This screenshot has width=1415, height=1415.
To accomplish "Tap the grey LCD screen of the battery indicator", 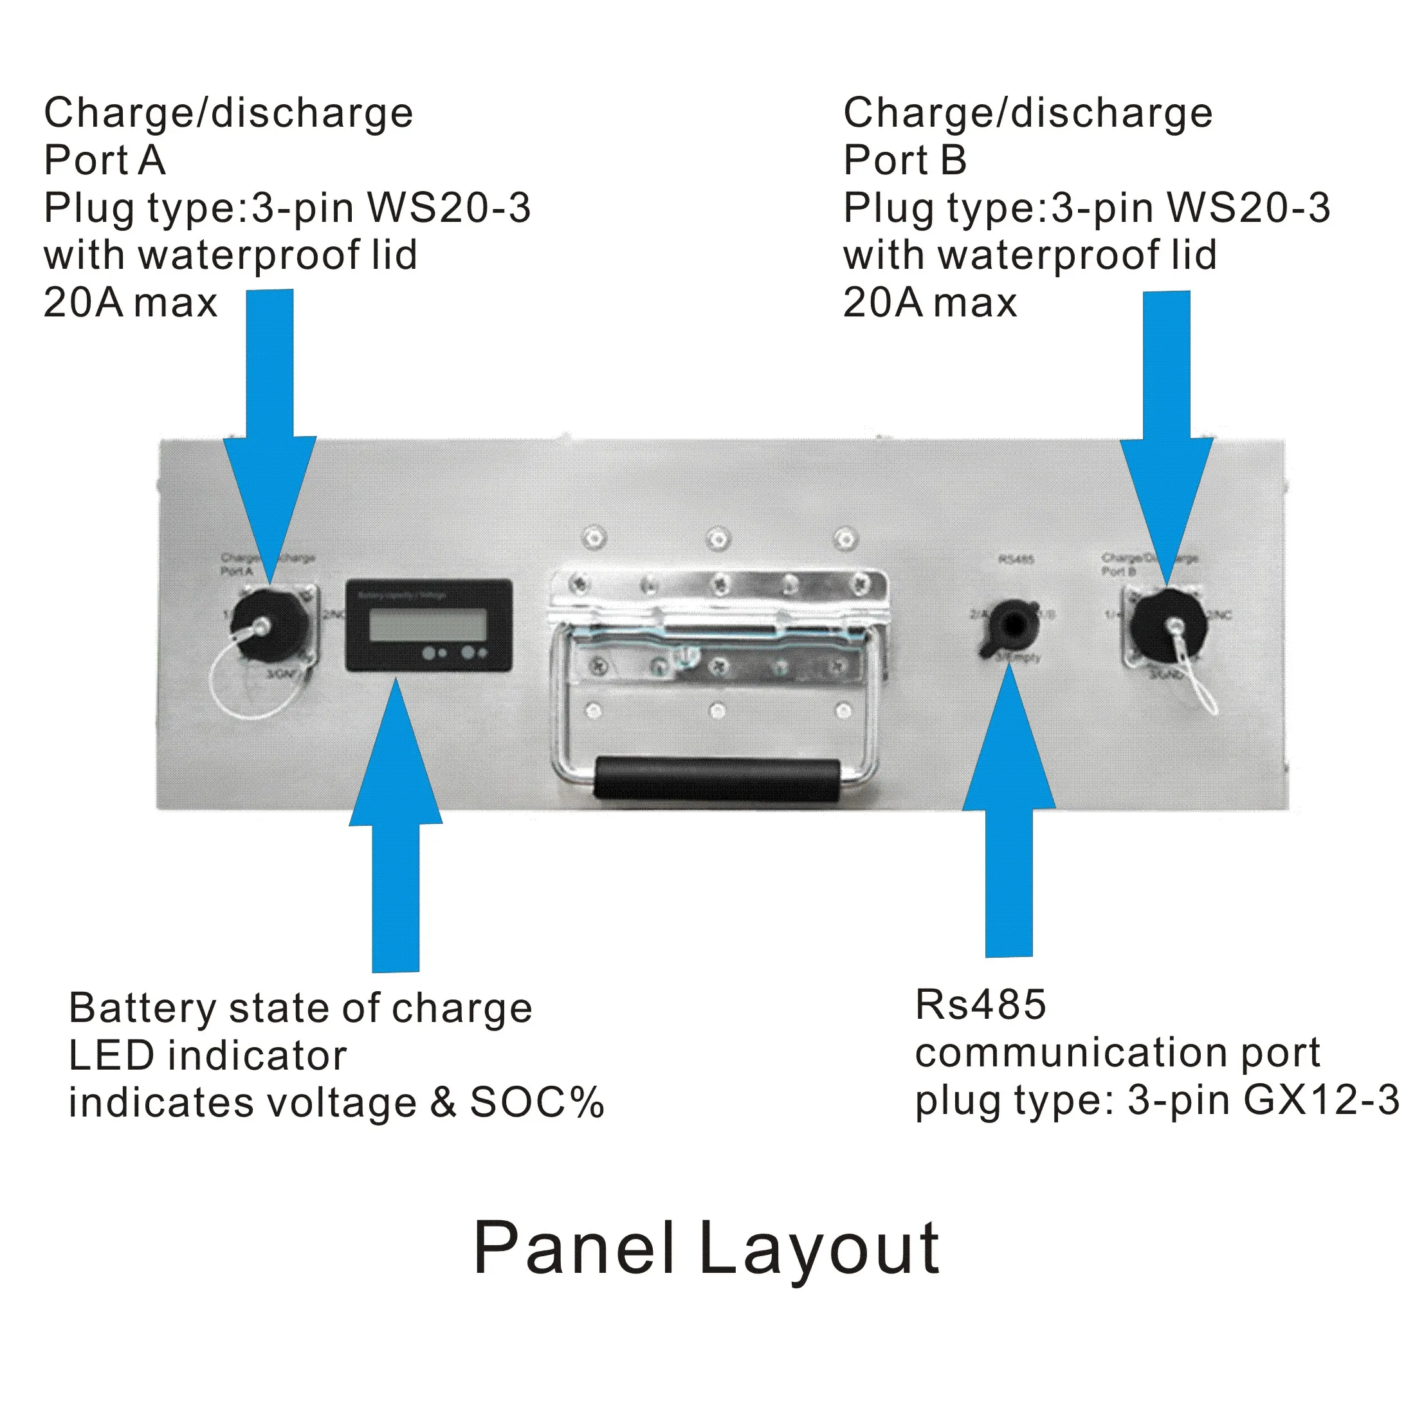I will tap(428, 625).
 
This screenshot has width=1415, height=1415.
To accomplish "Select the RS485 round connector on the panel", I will tap(1013, 625).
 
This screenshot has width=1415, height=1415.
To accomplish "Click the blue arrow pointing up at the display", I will tap(396, 828).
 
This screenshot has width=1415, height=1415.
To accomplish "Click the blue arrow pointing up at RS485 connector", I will tap(1009, 813).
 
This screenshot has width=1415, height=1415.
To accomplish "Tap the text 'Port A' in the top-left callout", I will tap(105, 160).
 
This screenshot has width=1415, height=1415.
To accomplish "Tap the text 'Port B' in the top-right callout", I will tap(904, 160).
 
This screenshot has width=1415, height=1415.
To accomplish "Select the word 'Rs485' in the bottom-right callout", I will tap(980, 1004).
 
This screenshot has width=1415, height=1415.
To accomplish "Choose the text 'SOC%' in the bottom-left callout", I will tap(537, 1102).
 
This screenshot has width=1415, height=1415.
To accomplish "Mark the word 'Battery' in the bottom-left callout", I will tap(142, 1009).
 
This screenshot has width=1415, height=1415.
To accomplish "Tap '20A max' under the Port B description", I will tap(929, 302).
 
